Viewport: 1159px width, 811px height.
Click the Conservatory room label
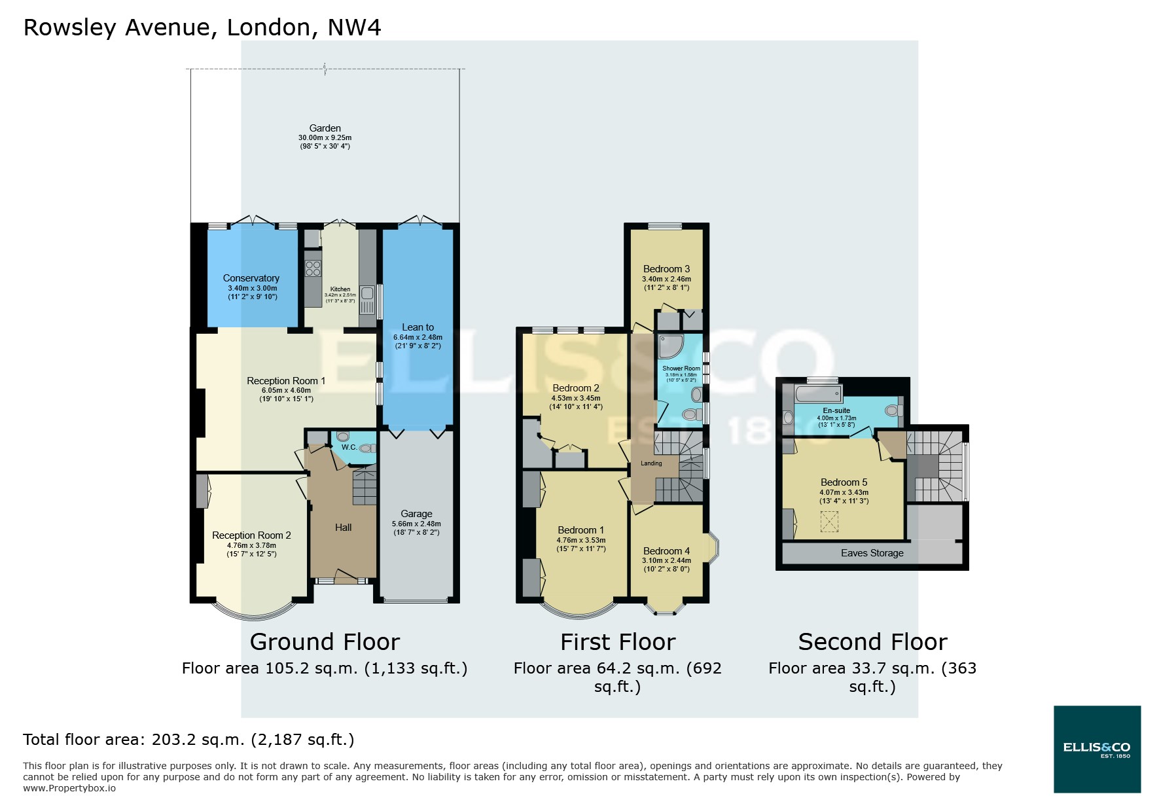tap(251, 278)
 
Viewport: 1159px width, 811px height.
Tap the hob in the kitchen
tap(313, 268)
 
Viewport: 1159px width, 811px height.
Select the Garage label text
tap(416, 514)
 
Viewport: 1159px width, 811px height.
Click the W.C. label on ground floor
tap(348, 448)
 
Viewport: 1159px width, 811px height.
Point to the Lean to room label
tap(418, 327)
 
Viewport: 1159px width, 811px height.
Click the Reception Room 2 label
tap(251, 535)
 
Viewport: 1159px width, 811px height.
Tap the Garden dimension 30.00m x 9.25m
tap(325, 138)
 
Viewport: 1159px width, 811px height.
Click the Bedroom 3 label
tap(666, 269)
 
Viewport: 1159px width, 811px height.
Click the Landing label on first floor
tap(651, 463)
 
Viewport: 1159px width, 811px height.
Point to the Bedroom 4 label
tap(666, 551)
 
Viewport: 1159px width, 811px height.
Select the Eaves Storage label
tap(872, 553)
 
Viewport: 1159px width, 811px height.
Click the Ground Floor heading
tap(325, 642)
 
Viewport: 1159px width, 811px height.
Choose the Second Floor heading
tap(872, 642)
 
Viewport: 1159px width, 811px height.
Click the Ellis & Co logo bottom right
tap(1097, 749)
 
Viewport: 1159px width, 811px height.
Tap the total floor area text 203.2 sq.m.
tap(189, 740)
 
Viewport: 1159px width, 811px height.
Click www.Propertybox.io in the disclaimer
tap(69, 788)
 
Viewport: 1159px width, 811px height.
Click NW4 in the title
tap(354, 27)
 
